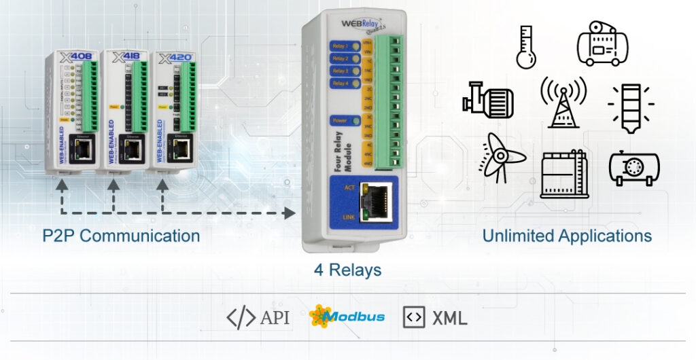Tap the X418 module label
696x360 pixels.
[120, 56]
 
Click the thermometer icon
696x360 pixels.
[525, 47]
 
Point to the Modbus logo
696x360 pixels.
[347, 317]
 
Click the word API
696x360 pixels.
[275, 317]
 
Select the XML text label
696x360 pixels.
[449, 317]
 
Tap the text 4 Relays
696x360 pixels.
[347, 270]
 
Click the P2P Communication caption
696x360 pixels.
[120, 236]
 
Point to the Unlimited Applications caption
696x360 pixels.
[567, 236]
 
